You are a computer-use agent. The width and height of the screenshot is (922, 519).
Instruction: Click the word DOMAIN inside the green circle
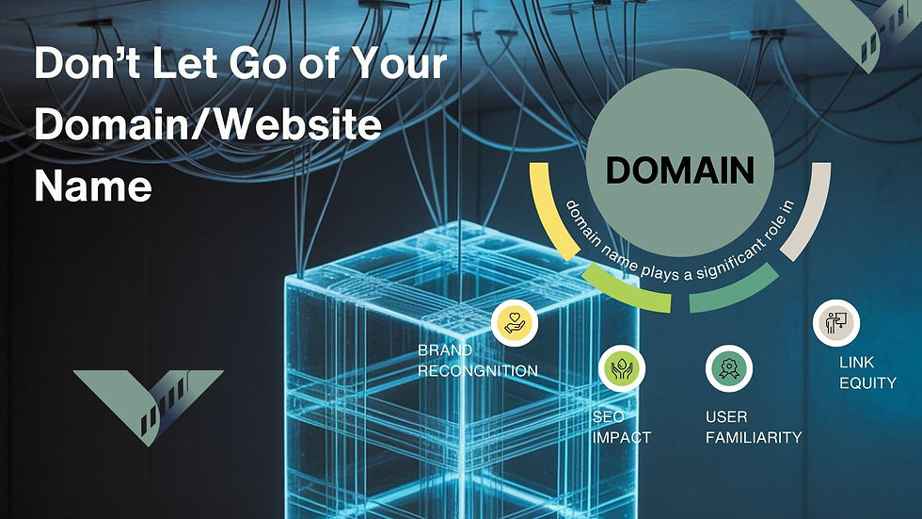point(679,170)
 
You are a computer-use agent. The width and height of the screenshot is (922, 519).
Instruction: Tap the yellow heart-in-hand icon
point(516,322)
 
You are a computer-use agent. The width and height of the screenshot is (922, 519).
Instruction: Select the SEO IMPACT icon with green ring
point(621,365)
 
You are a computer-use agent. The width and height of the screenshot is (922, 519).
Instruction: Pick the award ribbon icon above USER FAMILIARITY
point(728,366)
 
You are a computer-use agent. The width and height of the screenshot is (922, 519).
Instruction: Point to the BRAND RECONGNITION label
point(477,362)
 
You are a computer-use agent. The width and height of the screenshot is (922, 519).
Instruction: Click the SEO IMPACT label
point(621,427)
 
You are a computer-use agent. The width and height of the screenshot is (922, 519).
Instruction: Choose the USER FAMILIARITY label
point(753,427)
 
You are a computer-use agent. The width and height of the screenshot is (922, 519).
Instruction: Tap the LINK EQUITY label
point(866,373)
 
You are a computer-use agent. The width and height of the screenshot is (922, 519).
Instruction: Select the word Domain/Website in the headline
point(207,125)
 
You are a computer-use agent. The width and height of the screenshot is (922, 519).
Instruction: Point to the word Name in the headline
point(92,186)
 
